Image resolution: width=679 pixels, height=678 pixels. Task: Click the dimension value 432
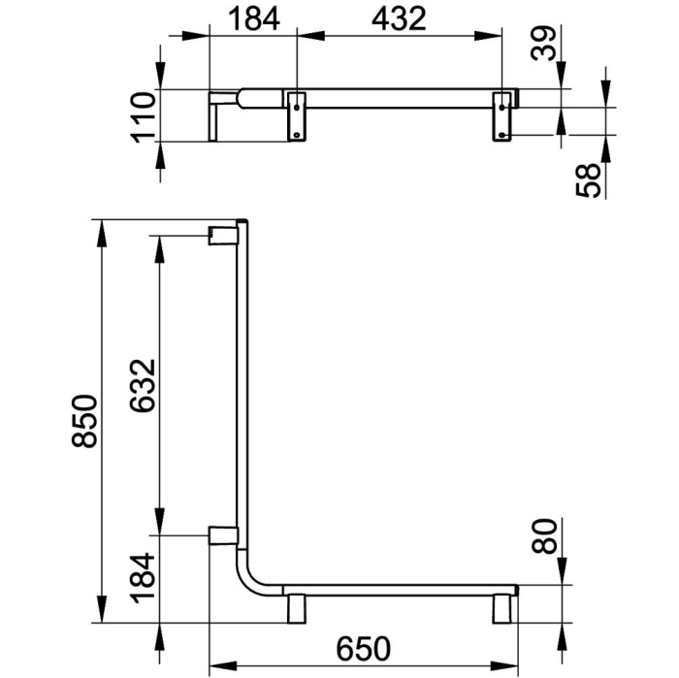click(399, 20)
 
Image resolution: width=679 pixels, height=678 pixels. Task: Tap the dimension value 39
click(544, 43)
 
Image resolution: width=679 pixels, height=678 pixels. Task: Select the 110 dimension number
click(144, 117)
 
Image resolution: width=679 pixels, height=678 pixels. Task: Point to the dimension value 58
click(589, 180)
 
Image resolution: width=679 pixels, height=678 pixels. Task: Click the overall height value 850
click(84, 421)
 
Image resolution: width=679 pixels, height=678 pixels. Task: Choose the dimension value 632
click(143, 385)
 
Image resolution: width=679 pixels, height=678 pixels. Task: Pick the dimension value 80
click(544, 536)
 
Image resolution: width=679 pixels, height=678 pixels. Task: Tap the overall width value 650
click(364, 649)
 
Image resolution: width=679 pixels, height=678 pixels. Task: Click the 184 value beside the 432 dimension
click(254, 20)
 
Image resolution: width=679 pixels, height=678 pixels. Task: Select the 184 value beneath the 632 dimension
click(144, 577)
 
